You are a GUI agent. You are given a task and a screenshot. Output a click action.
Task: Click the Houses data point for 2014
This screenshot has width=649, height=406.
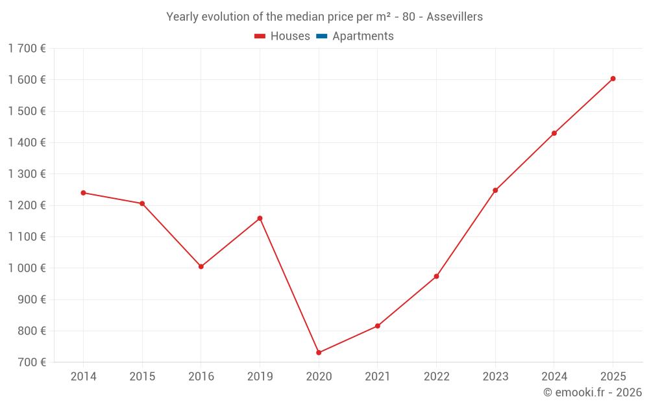click(83, 193)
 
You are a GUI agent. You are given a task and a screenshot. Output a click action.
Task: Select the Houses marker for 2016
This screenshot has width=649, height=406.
click(201, 266)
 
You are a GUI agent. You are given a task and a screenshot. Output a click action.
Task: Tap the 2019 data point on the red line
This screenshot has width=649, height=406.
click(260, 218)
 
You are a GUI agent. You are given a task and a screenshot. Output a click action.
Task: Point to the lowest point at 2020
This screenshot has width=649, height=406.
click(319, 353)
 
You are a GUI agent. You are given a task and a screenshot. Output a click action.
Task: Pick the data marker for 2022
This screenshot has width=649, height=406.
click(436, 276)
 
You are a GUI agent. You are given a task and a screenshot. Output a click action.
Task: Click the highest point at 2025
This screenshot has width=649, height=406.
click(613, 79)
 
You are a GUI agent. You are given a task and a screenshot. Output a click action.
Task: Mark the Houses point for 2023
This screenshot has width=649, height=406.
click(495, 190)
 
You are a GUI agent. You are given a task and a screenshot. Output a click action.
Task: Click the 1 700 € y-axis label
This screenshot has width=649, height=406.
click(27, 48)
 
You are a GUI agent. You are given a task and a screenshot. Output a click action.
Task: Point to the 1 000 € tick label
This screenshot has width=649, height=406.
click(27, 268)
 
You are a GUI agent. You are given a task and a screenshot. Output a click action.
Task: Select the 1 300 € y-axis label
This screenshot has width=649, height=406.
click(27, 174)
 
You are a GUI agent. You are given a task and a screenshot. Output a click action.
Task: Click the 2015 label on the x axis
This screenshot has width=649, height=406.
click(142, 377)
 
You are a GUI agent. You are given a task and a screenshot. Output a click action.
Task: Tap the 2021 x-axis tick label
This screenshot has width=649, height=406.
click(377, 377)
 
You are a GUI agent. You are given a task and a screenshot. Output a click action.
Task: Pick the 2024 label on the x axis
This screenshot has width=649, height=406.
click(554, 377)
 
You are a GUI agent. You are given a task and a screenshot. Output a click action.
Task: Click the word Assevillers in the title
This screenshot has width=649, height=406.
click(454, 17)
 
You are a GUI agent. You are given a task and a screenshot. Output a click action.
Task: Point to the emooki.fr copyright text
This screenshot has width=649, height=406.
click(593, 392)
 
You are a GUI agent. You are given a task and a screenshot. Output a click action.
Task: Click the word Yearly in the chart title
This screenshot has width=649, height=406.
click(182, 17)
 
